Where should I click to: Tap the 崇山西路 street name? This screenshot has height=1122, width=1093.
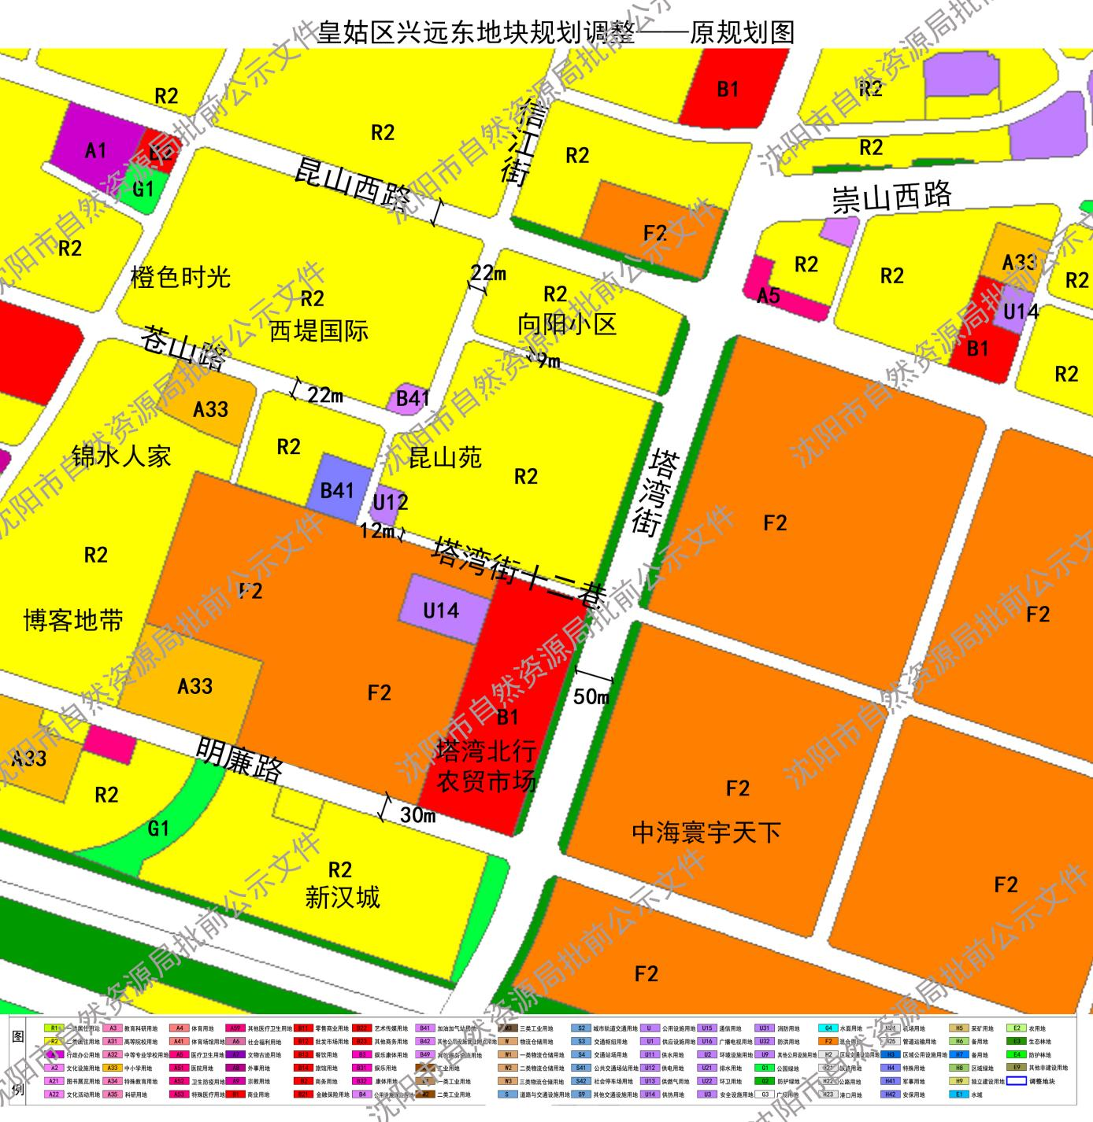tap(891, 197)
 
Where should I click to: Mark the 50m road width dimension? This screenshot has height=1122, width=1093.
tap(591, 696)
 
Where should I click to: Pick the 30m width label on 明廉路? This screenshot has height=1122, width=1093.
tap(417, 815)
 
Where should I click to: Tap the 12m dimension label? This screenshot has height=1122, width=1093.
tap(377, 531)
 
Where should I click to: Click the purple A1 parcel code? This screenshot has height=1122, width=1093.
tap(95, 150)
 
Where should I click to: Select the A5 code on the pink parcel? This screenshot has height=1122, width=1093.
tap(768, 296)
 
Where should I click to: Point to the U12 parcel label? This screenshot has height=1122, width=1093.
tap(390, 502)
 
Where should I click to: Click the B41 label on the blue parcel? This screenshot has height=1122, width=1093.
tap(337, 490)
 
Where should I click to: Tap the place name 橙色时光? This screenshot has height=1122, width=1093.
tap(180, 278)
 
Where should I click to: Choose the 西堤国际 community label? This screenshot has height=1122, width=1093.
tap(318, 330)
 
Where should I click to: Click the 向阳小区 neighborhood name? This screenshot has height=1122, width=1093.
tap(566, 323)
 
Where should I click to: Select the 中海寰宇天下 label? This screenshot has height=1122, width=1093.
tap(706, 832)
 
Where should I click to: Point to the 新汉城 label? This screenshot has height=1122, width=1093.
tap(343, 897)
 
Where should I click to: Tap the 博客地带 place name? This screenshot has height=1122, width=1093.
tap(73, 621)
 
